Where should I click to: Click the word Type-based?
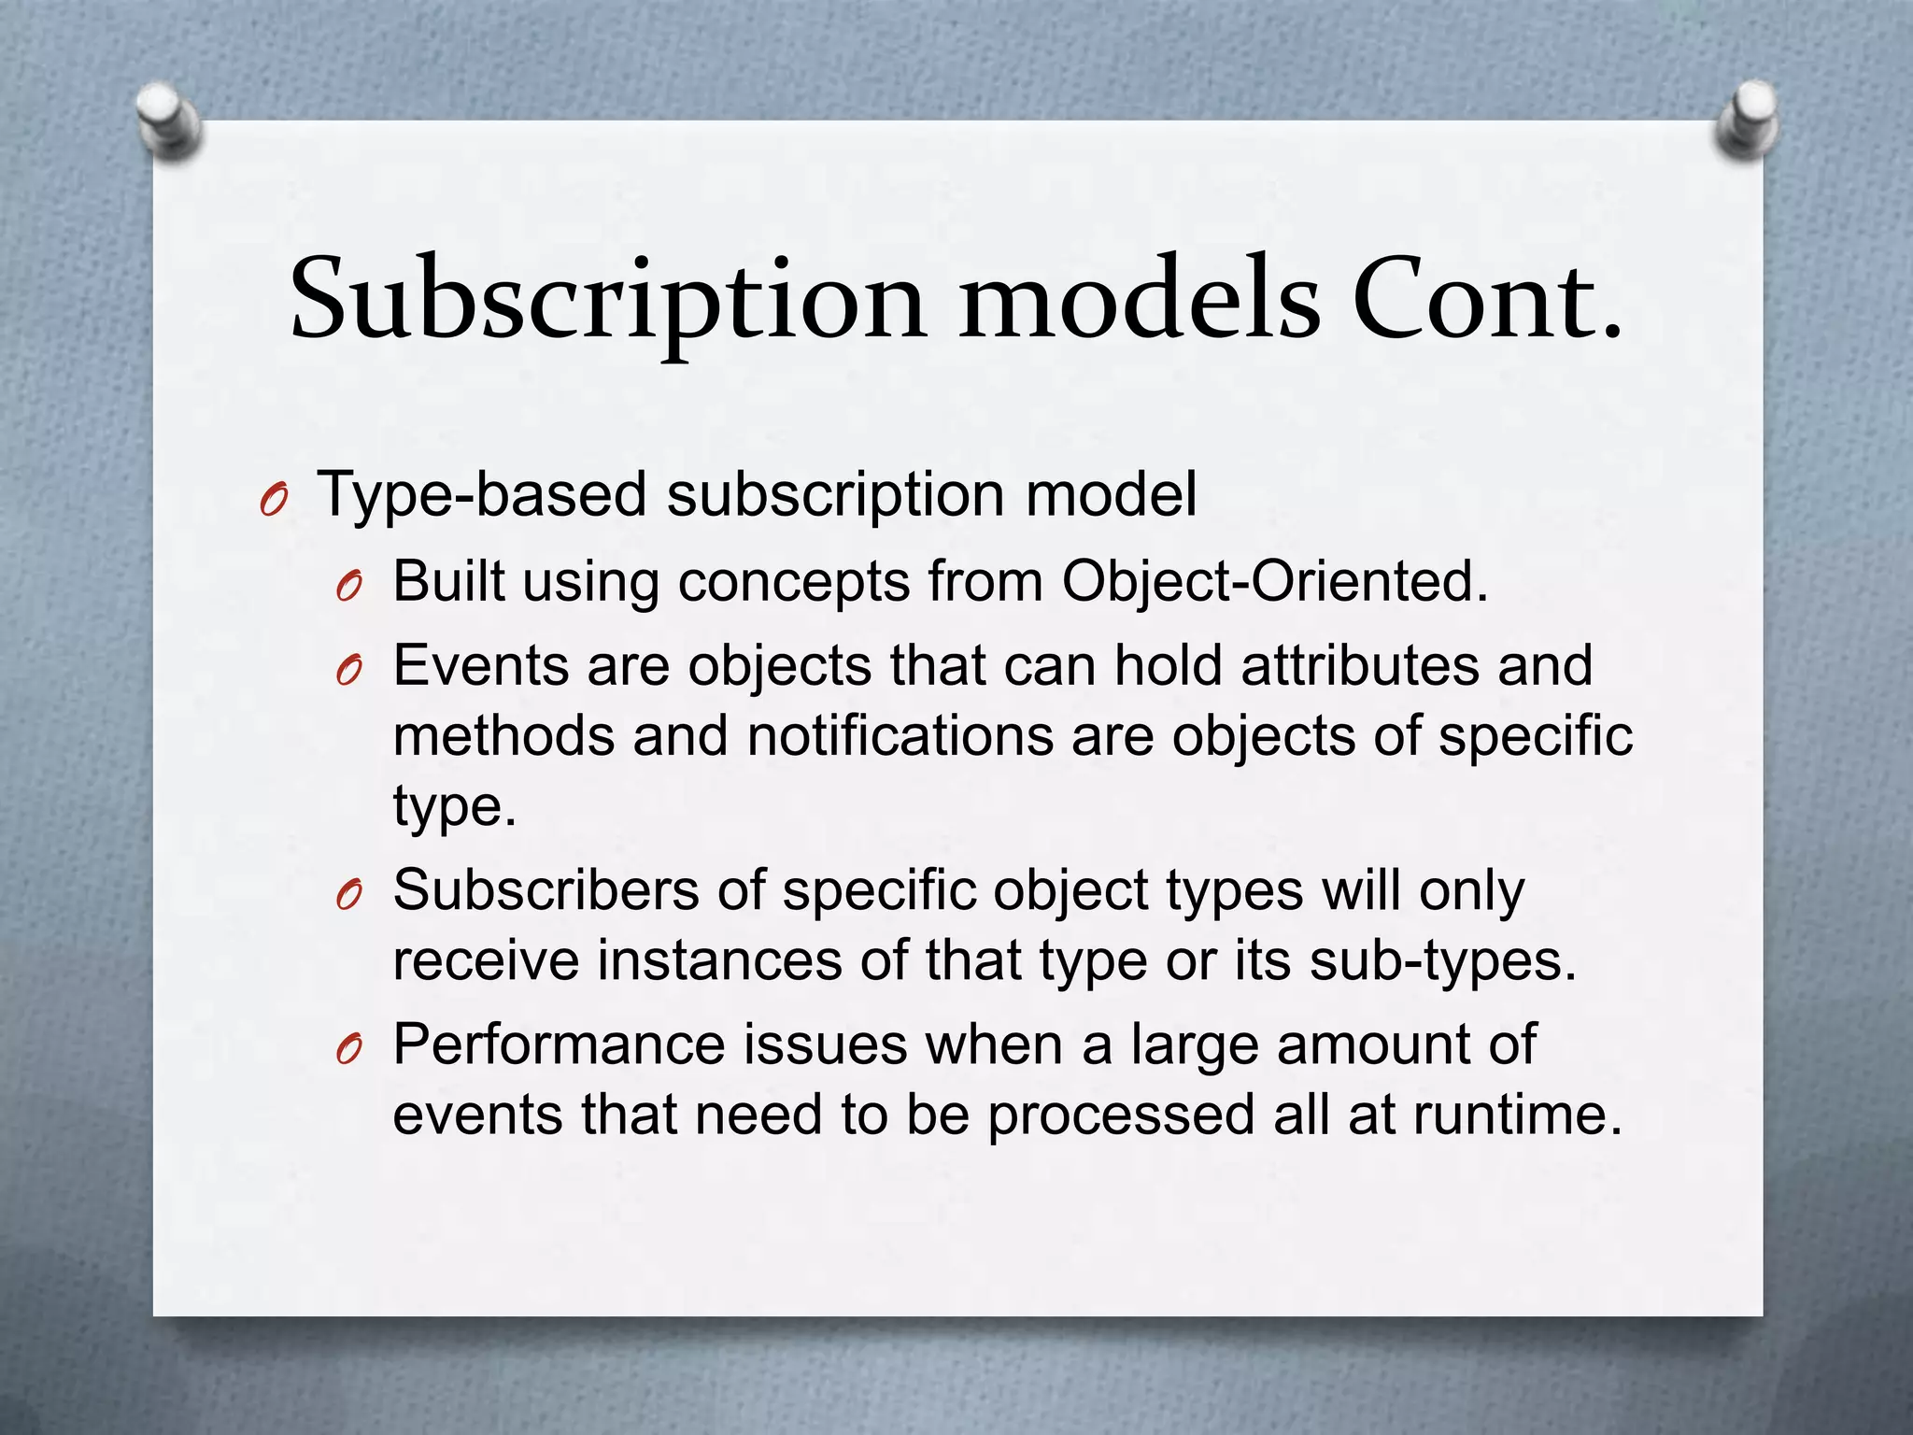click(x=482, y=494)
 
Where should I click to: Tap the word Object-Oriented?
click(x=1274, y=581)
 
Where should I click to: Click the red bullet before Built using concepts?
click(x=348, y=589)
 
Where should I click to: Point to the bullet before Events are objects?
click(x=348, y=673)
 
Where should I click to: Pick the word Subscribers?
click(x=546, y=889)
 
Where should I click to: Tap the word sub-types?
click(x=1442, y=960)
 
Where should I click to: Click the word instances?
click(x=719, y=960)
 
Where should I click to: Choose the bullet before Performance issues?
click(x=348, y=1052)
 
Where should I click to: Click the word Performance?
click(x=558, y=1044)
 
